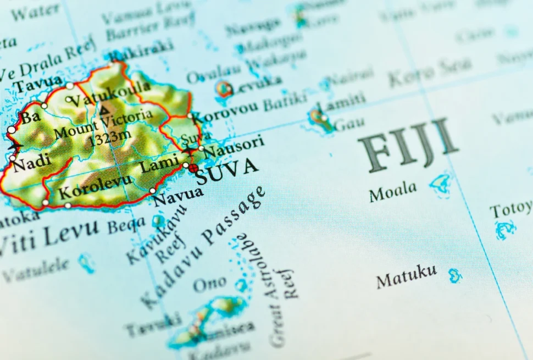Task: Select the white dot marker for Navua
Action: point(153,191)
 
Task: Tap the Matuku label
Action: point(407,276)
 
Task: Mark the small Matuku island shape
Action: point(455,275)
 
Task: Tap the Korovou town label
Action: point(224,112)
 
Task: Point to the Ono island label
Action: point(209,284)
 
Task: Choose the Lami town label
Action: point(159,163)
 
